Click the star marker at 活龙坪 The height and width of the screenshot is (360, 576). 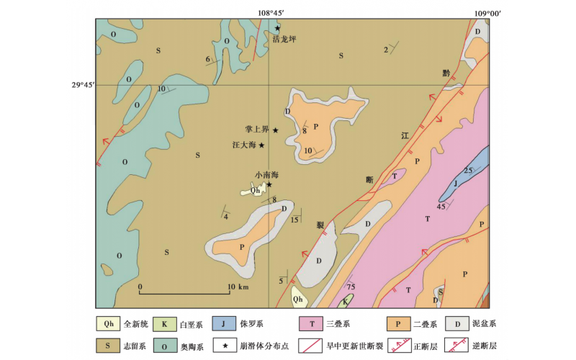[x=277, y=28]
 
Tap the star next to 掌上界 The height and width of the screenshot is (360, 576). [x=275, y=130]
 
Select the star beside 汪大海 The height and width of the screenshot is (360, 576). [x=261, y=145]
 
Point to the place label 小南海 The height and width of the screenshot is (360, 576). [x=266, y=175]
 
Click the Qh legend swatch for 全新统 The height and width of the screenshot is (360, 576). [x=107, y=324]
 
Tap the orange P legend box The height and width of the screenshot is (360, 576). [x=398, y=324]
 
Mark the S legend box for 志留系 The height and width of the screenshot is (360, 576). [x=107, y=346]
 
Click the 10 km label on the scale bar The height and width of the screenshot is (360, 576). [x=237, y=287]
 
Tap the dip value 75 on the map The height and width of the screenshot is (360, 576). [x=351, y=286]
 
